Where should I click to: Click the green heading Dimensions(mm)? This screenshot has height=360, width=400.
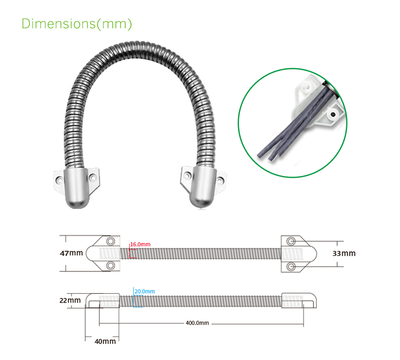click(76, 24)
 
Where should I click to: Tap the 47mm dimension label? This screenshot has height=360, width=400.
click(71, 253)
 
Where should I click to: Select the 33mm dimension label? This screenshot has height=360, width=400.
click(343, 253)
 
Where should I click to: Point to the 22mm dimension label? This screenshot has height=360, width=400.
click(70, 300)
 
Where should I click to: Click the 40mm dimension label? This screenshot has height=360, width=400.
click(105, 341)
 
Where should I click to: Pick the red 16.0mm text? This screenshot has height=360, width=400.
click(141, 244)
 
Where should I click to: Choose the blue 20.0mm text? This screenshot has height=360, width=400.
click(145, 291)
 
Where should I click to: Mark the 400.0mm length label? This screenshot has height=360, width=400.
click(197, 323)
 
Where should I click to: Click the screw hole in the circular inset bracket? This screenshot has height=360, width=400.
click(333, 114)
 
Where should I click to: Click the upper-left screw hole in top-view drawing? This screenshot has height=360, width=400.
click(110, 241)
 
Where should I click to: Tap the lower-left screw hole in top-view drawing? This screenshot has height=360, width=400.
click(110, 265)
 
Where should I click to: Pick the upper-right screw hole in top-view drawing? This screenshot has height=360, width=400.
click(291, 241)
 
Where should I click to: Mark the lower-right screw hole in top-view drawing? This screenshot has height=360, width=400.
click(291, 265)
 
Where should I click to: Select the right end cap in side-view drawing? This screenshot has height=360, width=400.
click(300, 301)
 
